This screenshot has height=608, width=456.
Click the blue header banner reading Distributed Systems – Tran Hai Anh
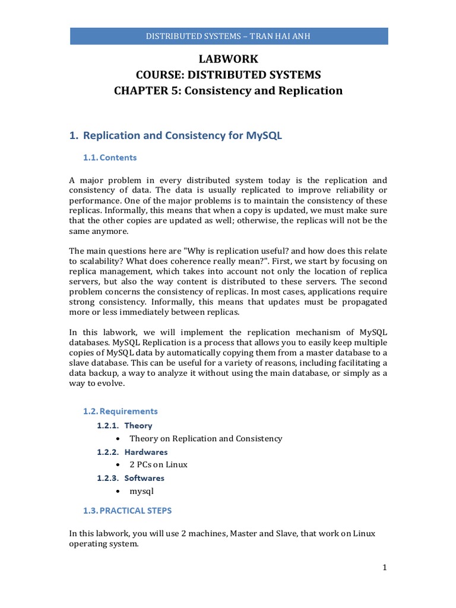[228, 36]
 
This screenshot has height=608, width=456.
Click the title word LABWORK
[228, 59]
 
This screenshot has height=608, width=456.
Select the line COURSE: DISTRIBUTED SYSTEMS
[228, 75]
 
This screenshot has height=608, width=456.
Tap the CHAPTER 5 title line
[228, 91]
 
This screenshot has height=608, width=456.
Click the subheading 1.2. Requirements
[120, 411]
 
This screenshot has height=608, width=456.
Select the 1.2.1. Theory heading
[125, 426]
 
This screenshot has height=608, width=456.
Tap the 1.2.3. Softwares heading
[131, 478]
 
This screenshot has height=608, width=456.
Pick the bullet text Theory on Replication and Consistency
[205, 439]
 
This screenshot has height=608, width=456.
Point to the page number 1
[384, 568]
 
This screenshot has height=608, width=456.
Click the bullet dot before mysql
[119, 491]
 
